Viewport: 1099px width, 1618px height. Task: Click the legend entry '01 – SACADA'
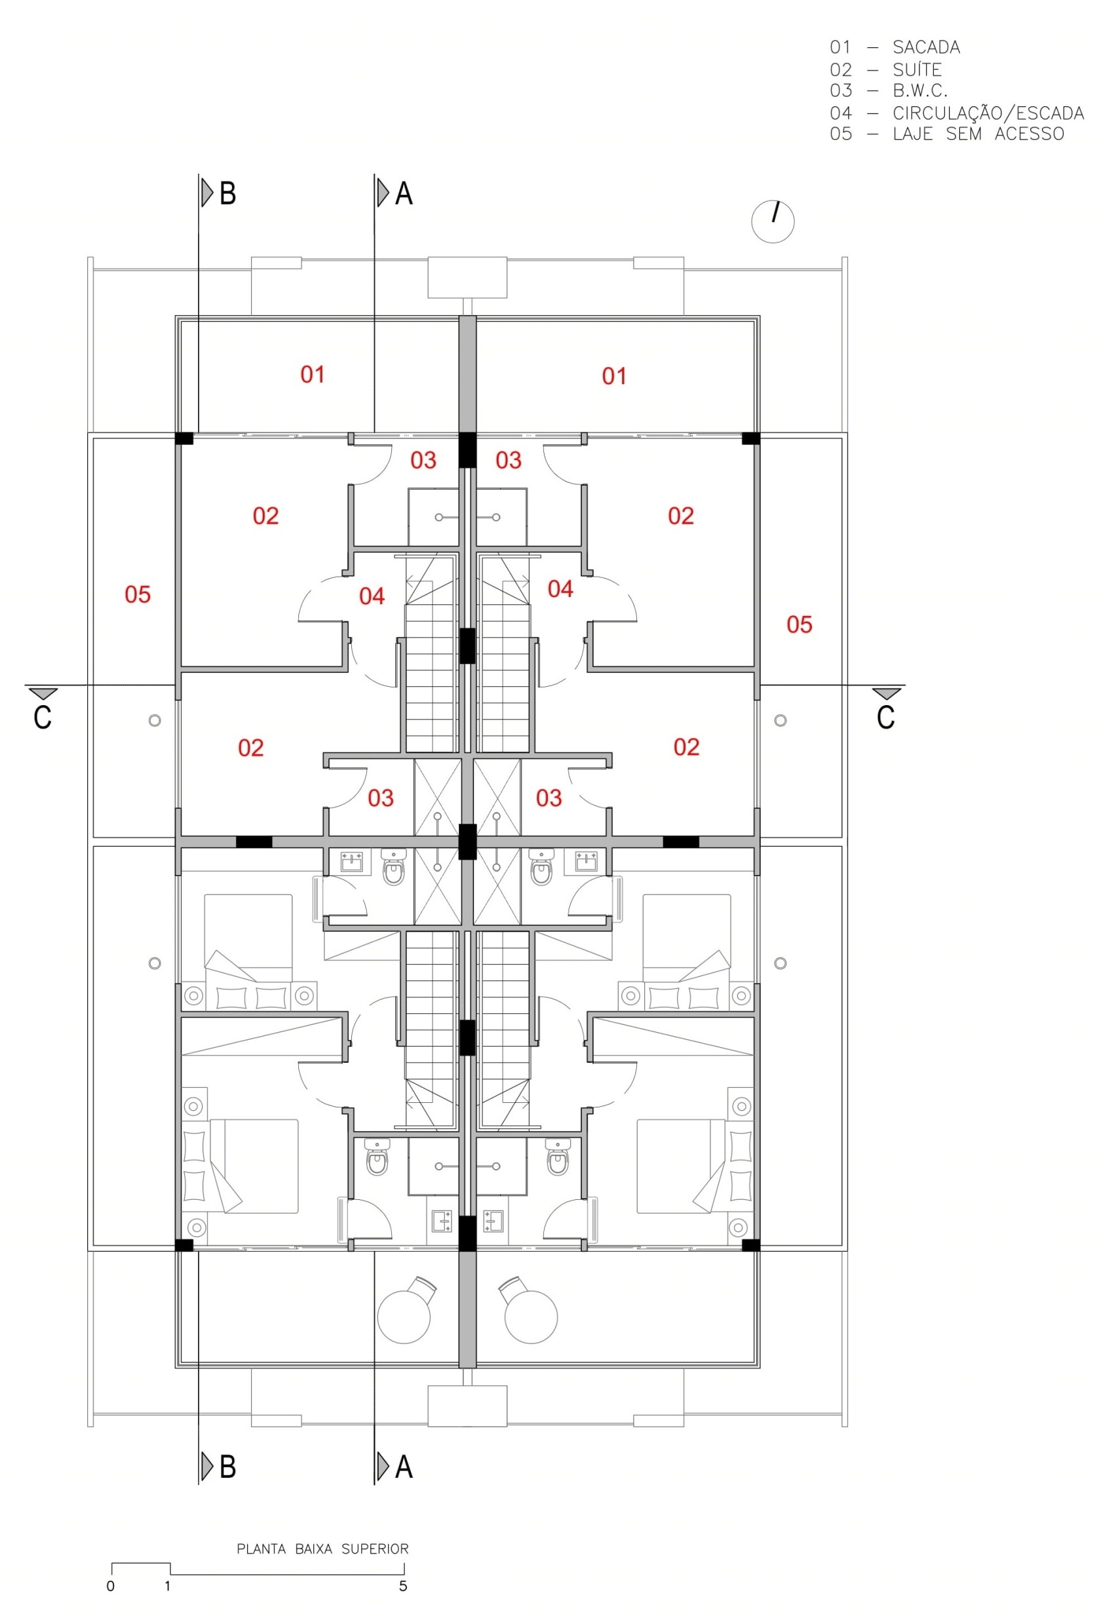[895, 47]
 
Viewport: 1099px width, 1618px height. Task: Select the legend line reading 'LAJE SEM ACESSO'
[978, 134]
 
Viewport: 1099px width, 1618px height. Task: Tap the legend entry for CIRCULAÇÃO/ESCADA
[957, 112]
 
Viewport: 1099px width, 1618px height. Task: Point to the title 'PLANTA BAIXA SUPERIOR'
[322, 1549]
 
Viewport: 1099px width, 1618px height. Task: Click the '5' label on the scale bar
[403, 1586]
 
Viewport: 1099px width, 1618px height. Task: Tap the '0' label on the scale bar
[111, 1586]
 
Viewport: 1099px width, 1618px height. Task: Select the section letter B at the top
[227, 193]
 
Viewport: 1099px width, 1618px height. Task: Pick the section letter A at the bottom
[404, 1468]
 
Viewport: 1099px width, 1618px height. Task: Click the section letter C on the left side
[43, 718]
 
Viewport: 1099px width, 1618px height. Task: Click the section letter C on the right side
[885, 718]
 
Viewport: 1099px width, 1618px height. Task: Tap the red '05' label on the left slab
[138, 594]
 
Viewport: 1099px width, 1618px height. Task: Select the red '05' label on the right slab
[799, 625]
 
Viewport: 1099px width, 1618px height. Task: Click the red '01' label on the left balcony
[313, 375]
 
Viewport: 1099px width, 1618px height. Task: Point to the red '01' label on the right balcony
[614, 377]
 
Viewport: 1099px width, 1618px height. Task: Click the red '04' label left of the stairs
[372, 596]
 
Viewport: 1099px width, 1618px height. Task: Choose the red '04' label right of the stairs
[560, 589]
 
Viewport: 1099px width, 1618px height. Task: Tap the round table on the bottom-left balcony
[404, 1317]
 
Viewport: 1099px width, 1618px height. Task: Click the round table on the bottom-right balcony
[531, 1317]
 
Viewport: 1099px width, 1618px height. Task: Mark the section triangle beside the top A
[383, 193]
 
